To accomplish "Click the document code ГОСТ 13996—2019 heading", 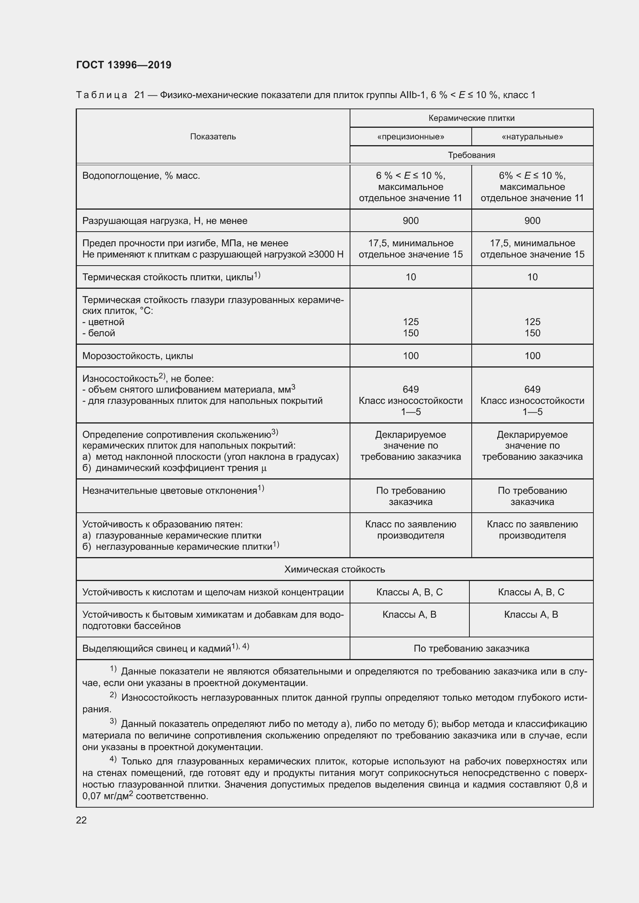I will point(124,65).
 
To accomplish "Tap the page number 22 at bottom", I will point(81,820).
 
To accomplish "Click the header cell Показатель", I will point(213,136).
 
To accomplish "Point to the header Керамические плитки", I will point(471,118).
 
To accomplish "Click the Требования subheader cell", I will point(471,155).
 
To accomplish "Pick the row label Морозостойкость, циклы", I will point(138,356).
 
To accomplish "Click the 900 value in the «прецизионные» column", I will point(410,221).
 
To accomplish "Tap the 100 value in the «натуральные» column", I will point(532,356).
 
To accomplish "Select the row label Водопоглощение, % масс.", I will point(141,176).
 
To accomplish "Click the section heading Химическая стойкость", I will point(335,569).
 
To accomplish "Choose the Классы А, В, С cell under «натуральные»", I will point(531,592).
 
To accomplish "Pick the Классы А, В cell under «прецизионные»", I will point(409,614).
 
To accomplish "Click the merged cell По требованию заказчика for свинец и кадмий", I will point(471,649).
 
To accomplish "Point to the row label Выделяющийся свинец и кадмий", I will point(156,649).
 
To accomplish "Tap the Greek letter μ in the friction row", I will point(263,468).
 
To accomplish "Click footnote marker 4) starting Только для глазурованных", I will point(113,759).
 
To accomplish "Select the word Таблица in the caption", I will point(102,95).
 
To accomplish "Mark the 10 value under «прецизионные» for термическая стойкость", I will point(410,277).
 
